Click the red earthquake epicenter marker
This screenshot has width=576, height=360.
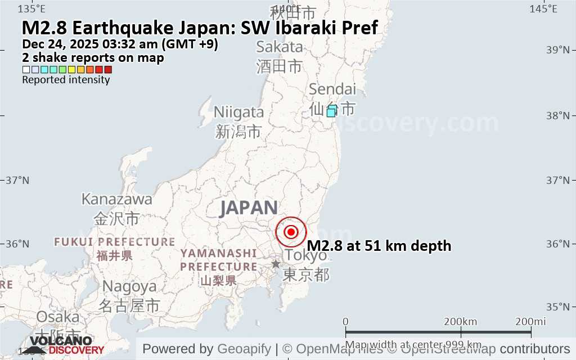[x=291, y=232]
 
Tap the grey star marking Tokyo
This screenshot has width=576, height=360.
[x=276, y=264]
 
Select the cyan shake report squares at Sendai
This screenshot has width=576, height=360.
[x=332, y=111]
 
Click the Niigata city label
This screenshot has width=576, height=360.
[x=238, y=112]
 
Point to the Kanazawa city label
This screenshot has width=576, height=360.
[x=117, y=199]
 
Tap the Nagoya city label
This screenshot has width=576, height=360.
[x=129, y=286]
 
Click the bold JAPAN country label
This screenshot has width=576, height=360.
[x=249, y=208]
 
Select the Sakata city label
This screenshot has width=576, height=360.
[x=280, y=47]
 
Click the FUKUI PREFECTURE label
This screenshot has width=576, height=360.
[x=115, y=242]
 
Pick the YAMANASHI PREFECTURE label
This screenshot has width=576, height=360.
[x=219, y=260]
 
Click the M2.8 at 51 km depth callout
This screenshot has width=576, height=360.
[x=379, y=246]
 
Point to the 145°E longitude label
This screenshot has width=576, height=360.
[x=544, y=8]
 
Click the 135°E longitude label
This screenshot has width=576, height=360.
[x=32, y=8]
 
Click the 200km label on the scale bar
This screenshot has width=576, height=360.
[x=460, y=321]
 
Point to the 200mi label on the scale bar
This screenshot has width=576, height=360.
[x=531, y=321]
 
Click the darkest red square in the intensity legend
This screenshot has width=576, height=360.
[x=108, y=70]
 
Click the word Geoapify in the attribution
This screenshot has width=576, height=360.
[x=244, y=349]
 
